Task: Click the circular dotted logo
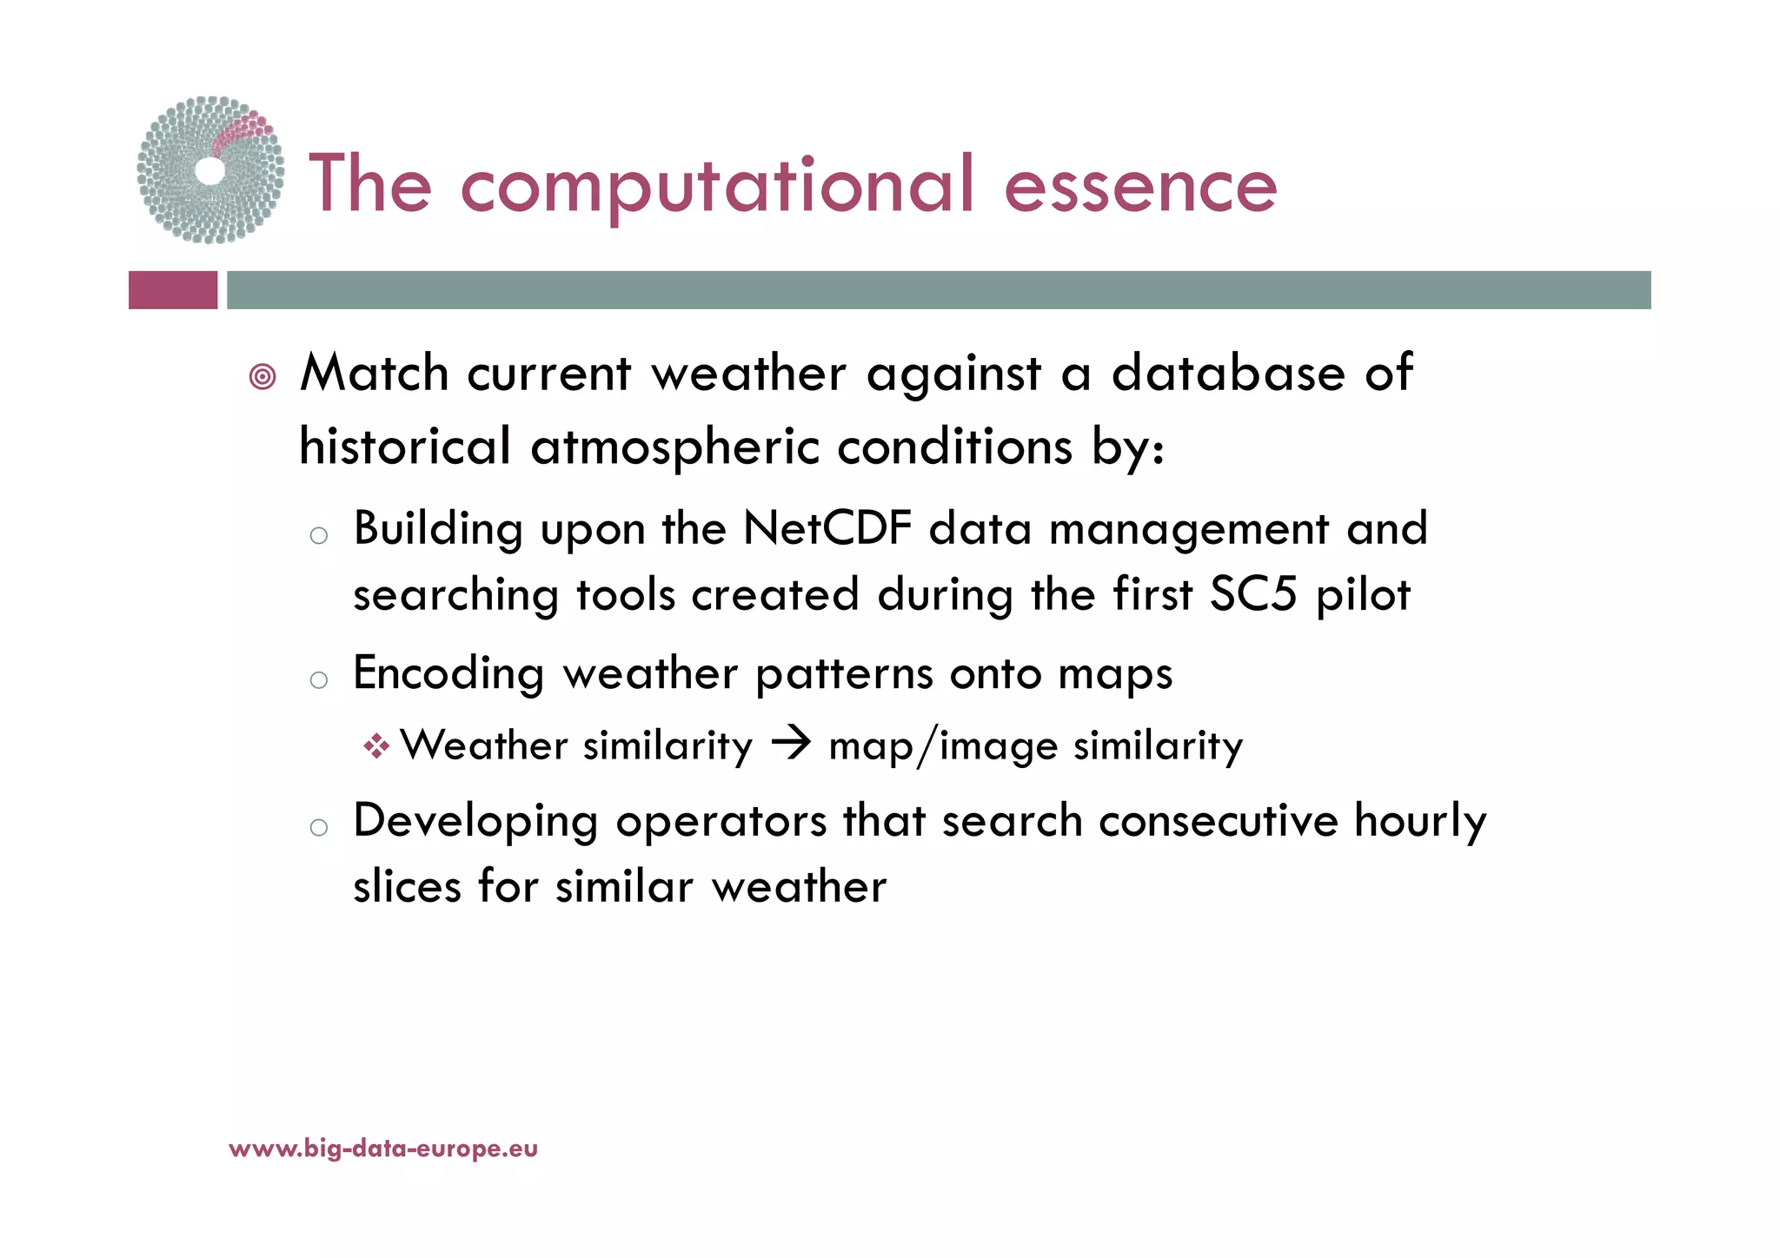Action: point(210,170)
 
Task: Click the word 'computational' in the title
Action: point(717,185)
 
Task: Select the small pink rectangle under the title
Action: point(173,290)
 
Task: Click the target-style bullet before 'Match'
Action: point(262,377)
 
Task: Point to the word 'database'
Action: point(1228,374)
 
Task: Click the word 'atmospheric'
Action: point(674,448)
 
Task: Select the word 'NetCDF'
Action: point(827,528)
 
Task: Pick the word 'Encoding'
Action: point(448,674)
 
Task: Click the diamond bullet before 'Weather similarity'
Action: point(376,746)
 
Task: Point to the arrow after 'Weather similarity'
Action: point(791,745)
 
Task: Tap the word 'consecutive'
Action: point(1218,821)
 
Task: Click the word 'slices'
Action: point(407,887)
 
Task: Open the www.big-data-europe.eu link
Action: point(383,1149)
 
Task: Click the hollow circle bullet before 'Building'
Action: point(319,535)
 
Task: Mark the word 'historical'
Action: point(404,447)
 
